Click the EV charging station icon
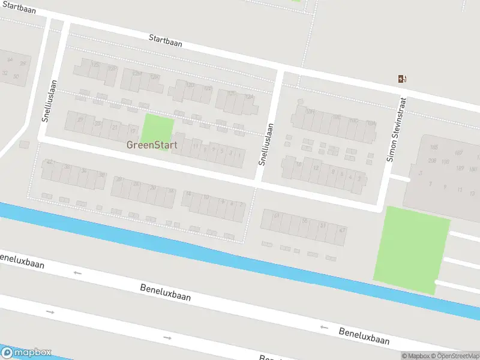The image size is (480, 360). (403, 79)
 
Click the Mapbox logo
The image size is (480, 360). (26, 353)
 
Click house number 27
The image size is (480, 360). (80, 119)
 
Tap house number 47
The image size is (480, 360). (342, 230)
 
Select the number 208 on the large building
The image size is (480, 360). (432, 160)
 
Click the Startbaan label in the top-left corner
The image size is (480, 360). (18, 9)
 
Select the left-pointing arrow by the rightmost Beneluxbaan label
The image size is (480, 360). (324, 327)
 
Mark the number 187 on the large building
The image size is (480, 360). (459, 152)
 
